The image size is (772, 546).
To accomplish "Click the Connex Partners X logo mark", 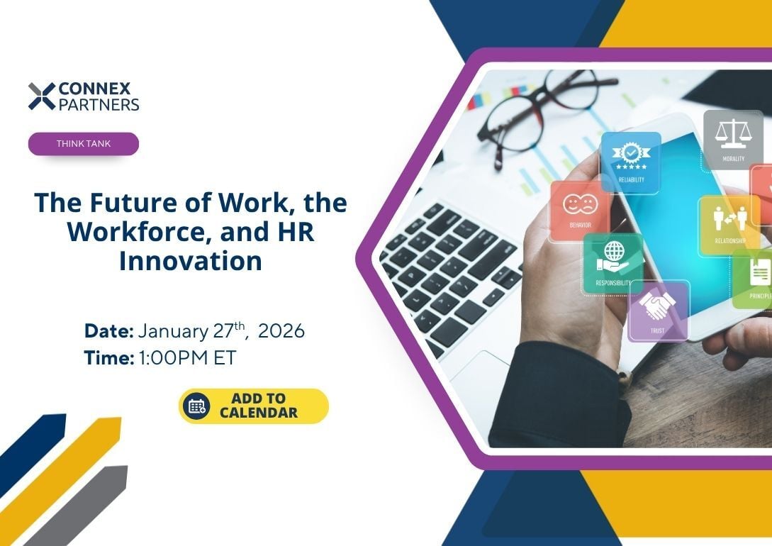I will pos(42,96).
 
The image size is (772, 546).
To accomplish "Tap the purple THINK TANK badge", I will pos(84,144).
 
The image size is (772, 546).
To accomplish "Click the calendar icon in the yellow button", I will pos(196,406).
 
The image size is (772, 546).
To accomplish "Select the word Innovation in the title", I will pos(191,260).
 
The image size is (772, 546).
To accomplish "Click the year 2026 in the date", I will pos(281,331).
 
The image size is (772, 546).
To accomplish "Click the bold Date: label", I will pos(108,331).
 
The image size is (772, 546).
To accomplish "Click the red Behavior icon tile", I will pos(580,211).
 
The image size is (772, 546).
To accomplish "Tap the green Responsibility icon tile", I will pos(613,263).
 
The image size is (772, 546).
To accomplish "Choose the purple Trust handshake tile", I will pos(658,310).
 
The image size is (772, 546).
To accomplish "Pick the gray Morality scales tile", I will pos(733,140).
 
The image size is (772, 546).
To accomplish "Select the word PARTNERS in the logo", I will pos(99,104).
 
